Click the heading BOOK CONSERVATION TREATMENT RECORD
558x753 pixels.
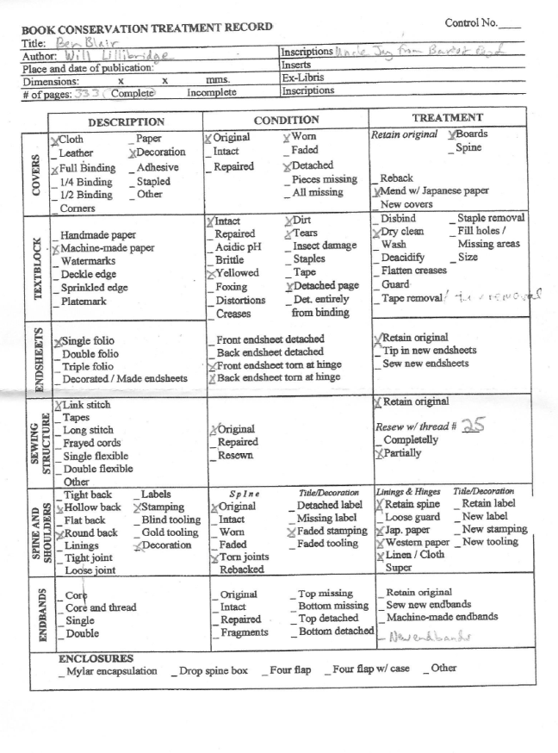tap(146, 28)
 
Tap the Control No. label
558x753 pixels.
tap(472, 21)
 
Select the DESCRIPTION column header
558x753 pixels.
tap(126, 122)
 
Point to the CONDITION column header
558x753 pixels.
tap(286, 121)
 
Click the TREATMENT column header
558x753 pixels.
tap(447, 117)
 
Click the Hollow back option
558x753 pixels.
tap(92, 507)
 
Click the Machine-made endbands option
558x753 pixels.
tap(441, 618)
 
